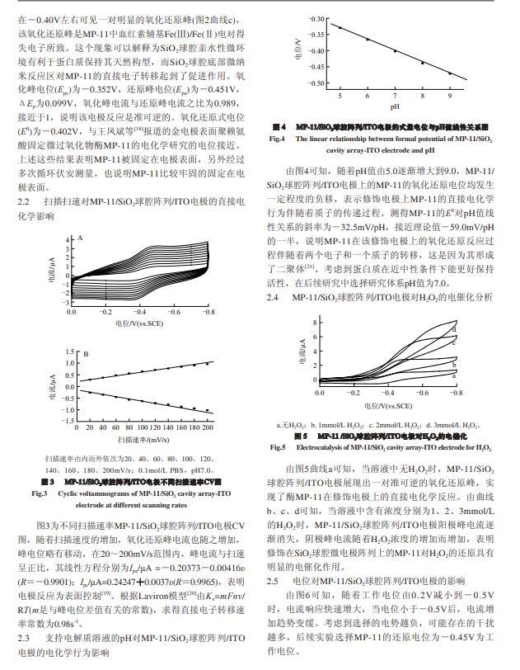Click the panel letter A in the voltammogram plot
coord(81,237)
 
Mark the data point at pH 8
coord(422,63)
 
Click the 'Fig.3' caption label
coord(38,493)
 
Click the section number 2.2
coord(26,201)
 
